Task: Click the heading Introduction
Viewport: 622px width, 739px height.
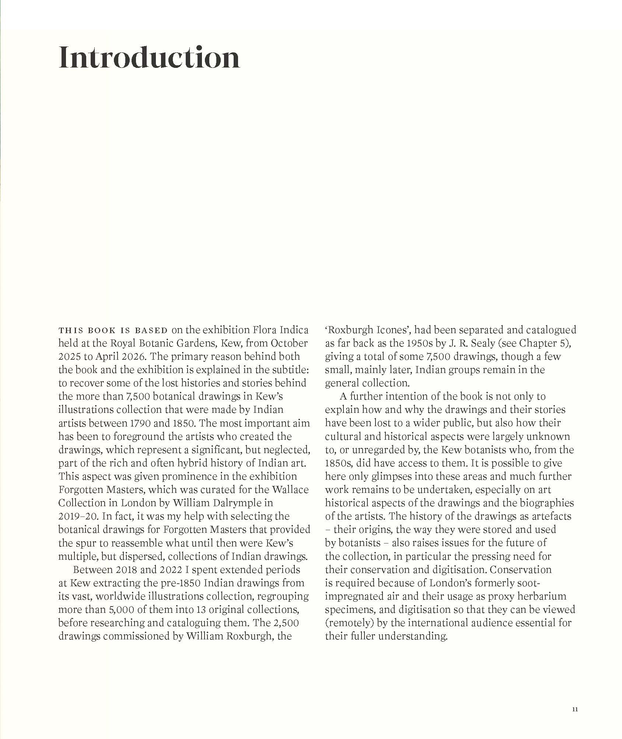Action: tap(149, 58)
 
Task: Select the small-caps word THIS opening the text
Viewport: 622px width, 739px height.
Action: tap(70, 330)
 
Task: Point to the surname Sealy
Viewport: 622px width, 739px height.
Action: tap(477, 343)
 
